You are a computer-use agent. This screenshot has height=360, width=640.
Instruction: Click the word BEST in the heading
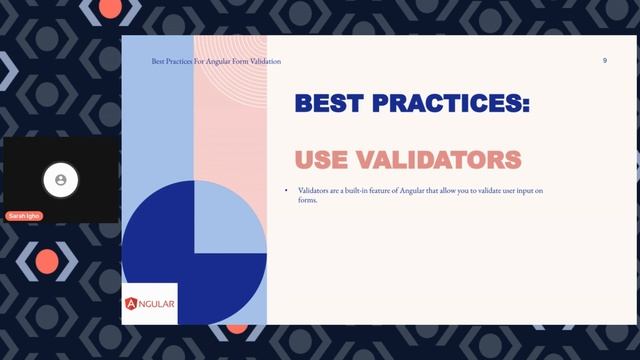point(335,103)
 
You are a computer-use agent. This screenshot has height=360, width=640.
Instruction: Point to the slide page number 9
point(604,61)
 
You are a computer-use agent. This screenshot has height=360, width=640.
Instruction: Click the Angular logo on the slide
point(150,304)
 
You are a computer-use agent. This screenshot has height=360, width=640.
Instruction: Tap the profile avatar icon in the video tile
point(61,180)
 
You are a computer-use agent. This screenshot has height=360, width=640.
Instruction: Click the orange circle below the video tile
point(47,261)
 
